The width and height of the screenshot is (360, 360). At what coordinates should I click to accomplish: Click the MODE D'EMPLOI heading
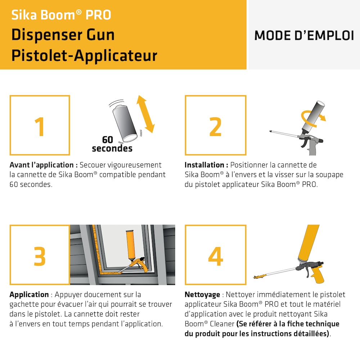pyautogui.click(x=304, y=35)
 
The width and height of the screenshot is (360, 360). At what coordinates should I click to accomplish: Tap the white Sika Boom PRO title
pyautogui.click(x=61, y=15)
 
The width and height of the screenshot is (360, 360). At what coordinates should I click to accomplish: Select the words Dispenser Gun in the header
pyautogui.click(x=63, y=35)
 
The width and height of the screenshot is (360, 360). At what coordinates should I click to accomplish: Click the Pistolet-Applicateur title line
pyautogui.click(x=84, y=56)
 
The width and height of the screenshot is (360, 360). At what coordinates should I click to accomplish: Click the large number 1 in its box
pyautogui.click(x=40, y=126)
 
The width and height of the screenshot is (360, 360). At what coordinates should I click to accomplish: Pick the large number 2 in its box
pyautogui.click(x=215, y=126)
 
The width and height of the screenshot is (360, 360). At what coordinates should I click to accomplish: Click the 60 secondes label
pyautogui.click(x=112, y=144)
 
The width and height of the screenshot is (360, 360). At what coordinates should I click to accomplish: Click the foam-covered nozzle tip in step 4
pyautogui.click(x=260, y=277)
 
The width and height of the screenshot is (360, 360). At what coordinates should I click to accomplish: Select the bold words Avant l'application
pyautogui.click(x=44, y=165)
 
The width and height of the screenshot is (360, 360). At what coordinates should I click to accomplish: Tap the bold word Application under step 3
pyautogui.click(x=29, y=294)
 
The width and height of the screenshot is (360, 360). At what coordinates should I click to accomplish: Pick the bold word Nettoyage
pyautogui.click(x=202, y=294)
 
